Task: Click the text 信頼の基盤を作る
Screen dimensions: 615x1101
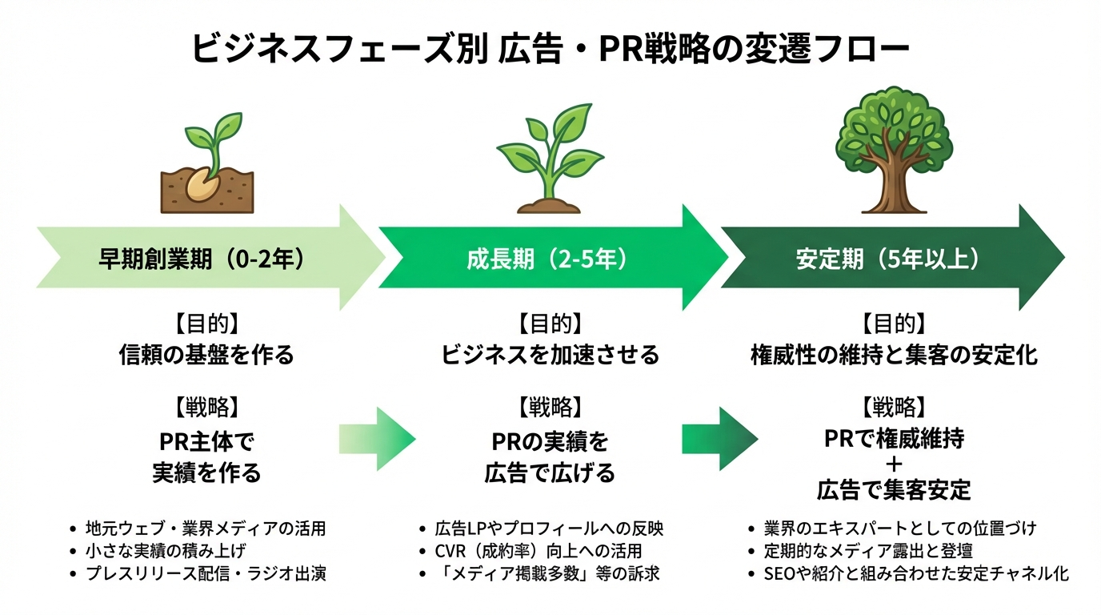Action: [x=206, y=355]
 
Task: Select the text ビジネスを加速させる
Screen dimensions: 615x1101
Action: [x=550, y=355]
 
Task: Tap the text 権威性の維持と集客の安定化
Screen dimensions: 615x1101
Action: [x=894, y=355]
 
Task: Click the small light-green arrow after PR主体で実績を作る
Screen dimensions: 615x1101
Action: [x=377, y=438]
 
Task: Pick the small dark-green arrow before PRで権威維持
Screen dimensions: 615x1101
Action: [x=719, y=438]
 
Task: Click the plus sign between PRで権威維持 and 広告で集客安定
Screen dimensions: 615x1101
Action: [x=894, y=464]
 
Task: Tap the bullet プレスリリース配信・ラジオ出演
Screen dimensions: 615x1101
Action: [x=206, y=573]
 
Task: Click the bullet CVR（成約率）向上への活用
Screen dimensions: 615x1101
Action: [x=538, y=551]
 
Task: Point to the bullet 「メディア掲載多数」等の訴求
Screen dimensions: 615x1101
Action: [x=546, y=573]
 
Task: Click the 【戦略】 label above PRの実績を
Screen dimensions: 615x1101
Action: [x=550, y=406]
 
